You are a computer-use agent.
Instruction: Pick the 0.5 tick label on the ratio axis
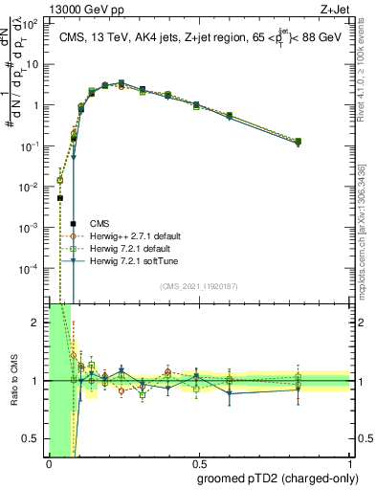point(35,438)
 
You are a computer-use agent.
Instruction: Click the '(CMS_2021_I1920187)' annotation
point(199,286)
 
